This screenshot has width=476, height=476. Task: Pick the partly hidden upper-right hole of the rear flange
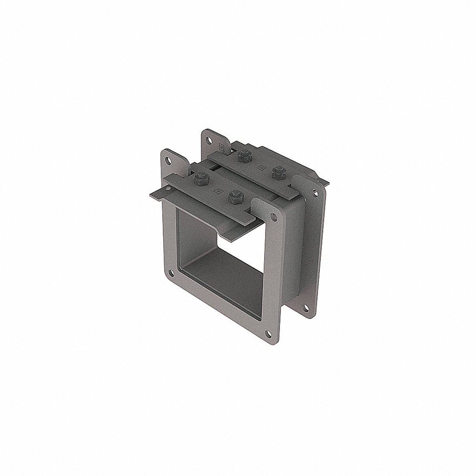(x=315, y=192)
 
